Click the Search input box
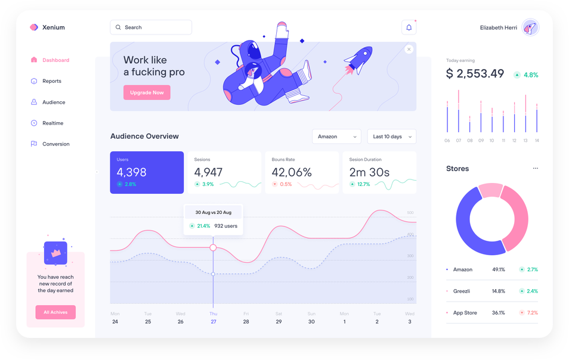pyautogui.click(x=151, y=27)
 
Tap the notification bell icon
pyautogui.click(x=409, y=27)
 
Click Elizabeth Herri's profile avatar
pyautogui.click(x=530, y=27)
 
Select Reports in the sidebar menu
pyautogui.click(x=51, y=81)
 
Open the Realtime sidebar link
pyautogui.click(x=52, y=123)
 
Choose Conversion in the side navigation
pyautogui.click(x=55, y=144)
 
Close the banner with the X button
pyautogui.click(x=409, y=49)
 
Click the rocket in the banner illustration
pyautogui.click(x=357, y=59)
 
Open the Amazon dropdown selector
pyautogui.click(x=336, y=136)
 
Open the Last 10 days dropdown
pyautogui.click(x=391, y=136)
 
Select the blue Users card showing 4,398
pyautogui.click(x=147, y=172)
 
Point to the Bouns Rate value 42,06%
pyautogui.click(x=292, y=172)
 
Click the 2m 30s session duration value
pyautogui.click(x=369, y=172)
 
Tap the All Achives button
pyautogui.click(x=55, y=312)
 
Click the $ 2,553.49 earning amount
pyautogui.click(x=475, y=74)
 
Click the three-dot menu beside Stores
pyautogui.click(x=535, y=169)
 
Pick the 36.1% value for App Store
pyautogui.click(x=498, y=313)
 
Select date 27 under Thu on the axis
pyautogui.click(x=213, y=322)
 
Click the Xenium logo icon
pyautogui.click(x=34, y=27)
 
